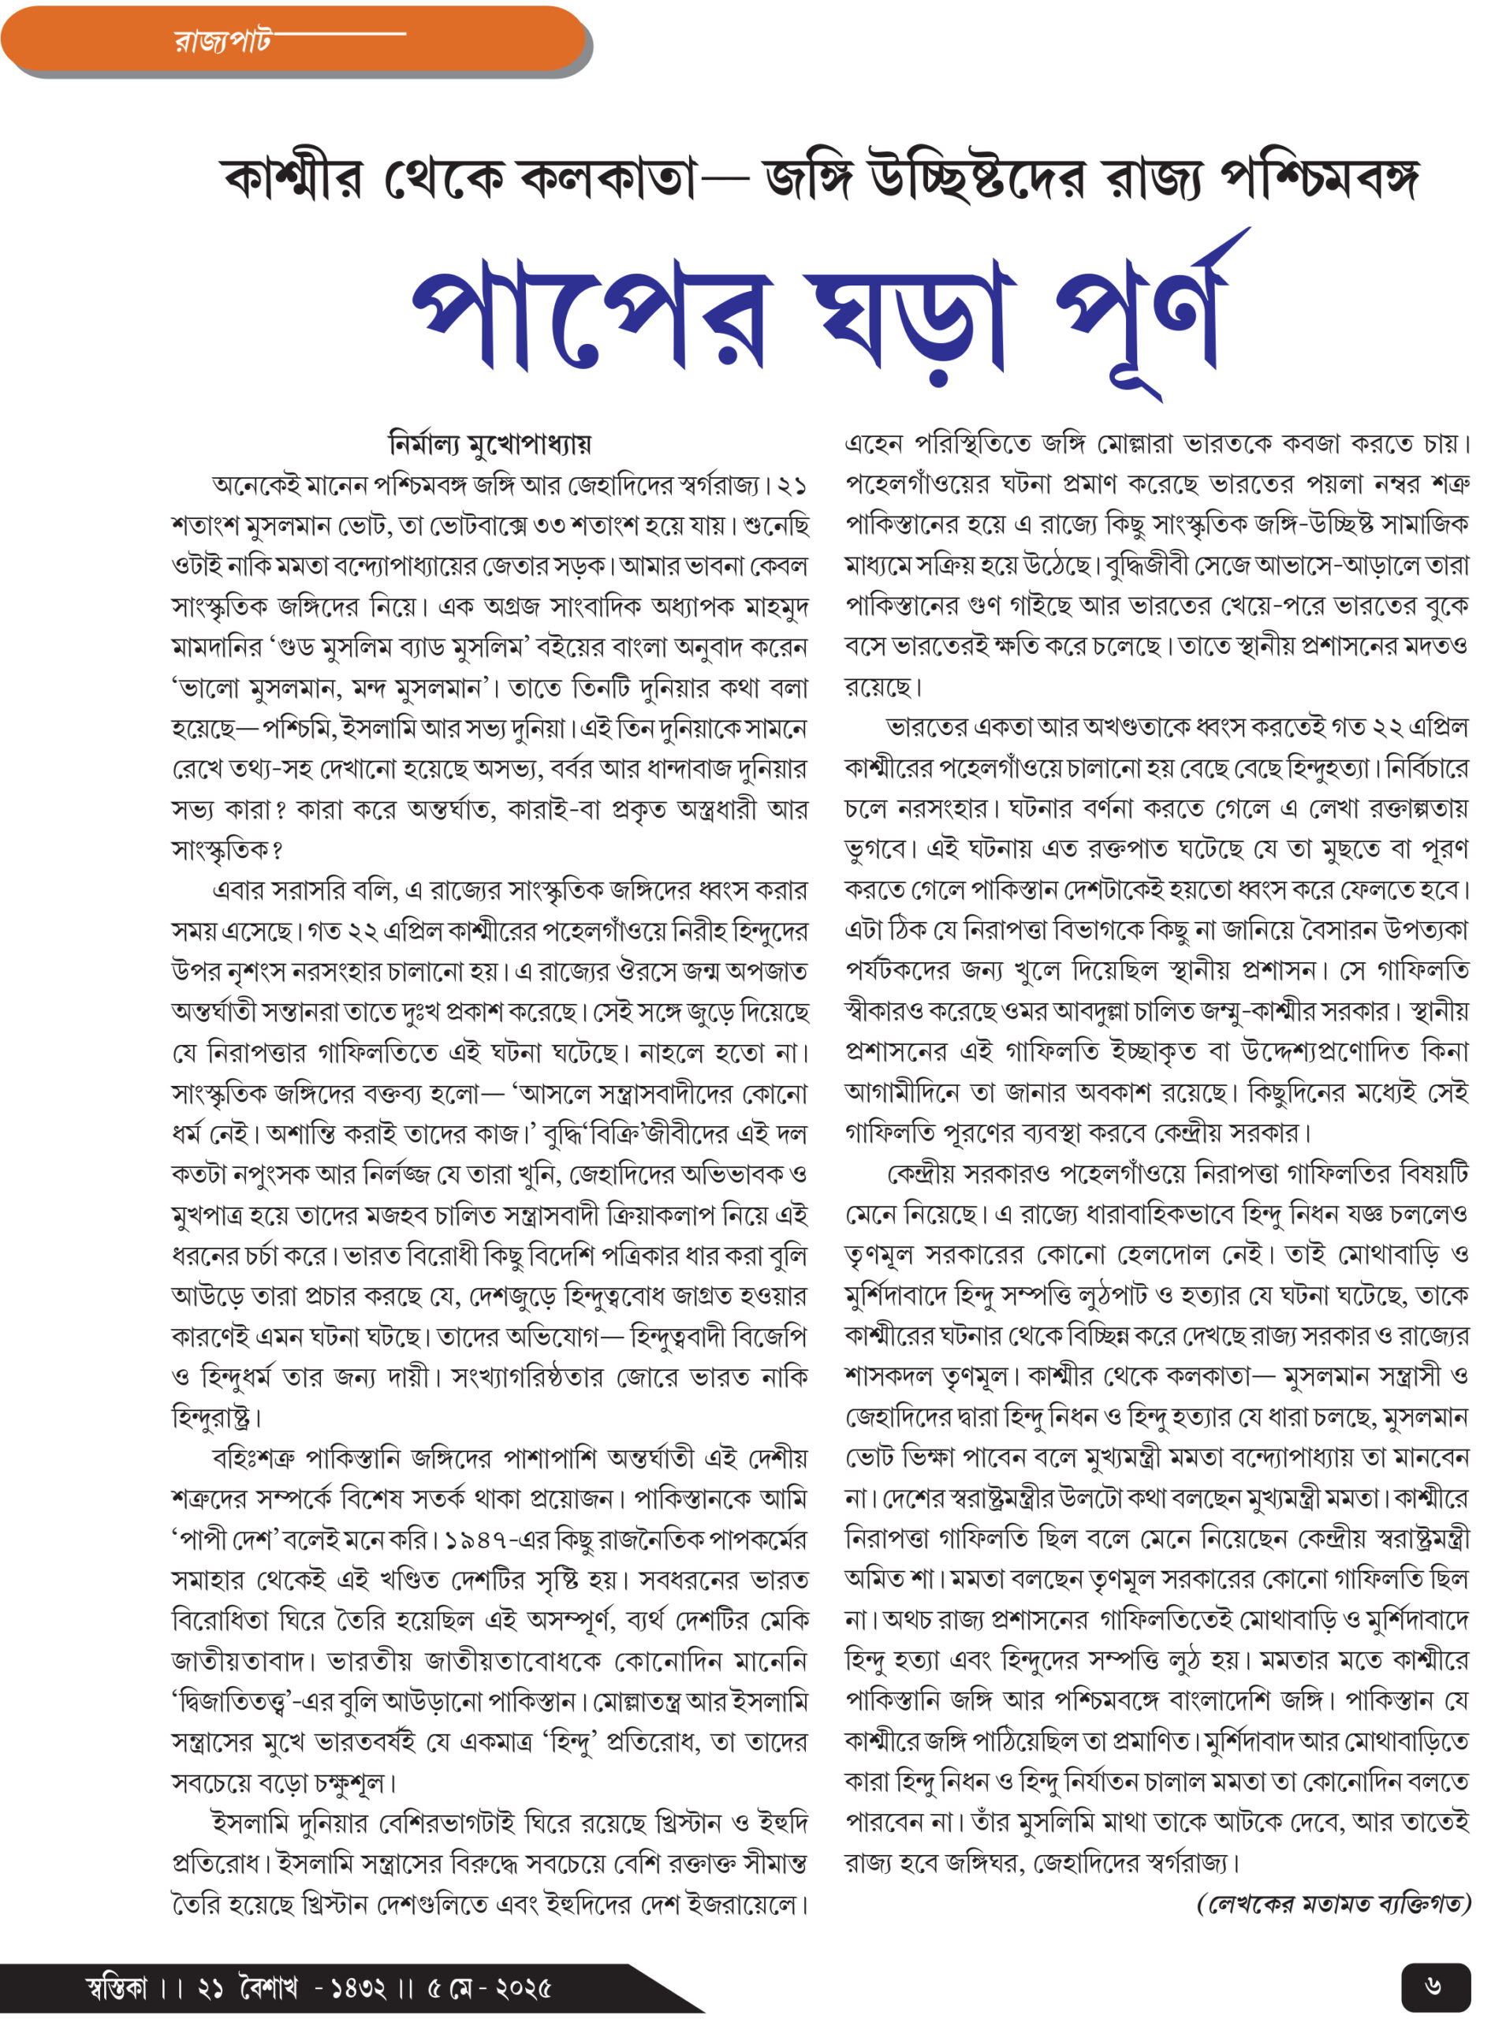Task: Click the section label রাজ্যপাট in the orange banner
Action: (x=222, y=41)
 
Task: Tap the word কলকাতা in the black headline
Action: (x=606, y=177)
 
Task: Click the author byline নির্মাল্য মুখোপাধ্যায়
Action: (x=490, y=444)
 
